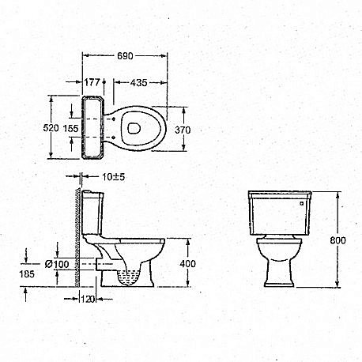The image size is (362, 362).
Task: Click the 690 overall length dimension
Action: [126, 56]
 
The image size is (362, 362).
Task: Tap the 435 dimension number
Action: [140, 81]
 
